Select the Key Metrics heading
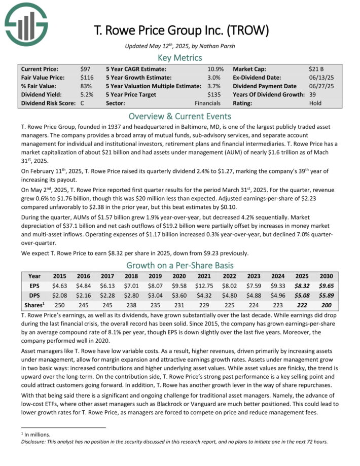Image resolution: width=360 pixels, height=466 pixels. pos(179,58)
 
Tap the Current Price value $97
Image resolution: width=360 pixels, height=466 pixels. pos(85,68)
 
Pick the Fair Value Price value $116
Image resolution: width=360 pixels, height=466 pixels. pos(87,77)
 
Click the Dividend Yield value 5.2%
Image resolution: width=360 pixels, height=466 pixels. pos(87,94)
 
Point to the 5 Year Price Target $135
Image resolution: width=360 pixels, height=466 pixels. pos(214,94)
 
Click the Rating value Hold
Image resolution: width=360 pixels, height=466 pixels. pos(315,103)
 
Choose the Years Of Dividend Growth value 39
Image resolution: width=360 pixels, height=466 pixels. pos(312,94)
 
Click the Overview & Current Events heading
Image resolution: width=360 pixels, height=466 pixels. pos(179,116)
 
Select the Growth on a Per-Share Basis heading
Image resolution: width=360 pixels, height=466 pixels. pos(179,266)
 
